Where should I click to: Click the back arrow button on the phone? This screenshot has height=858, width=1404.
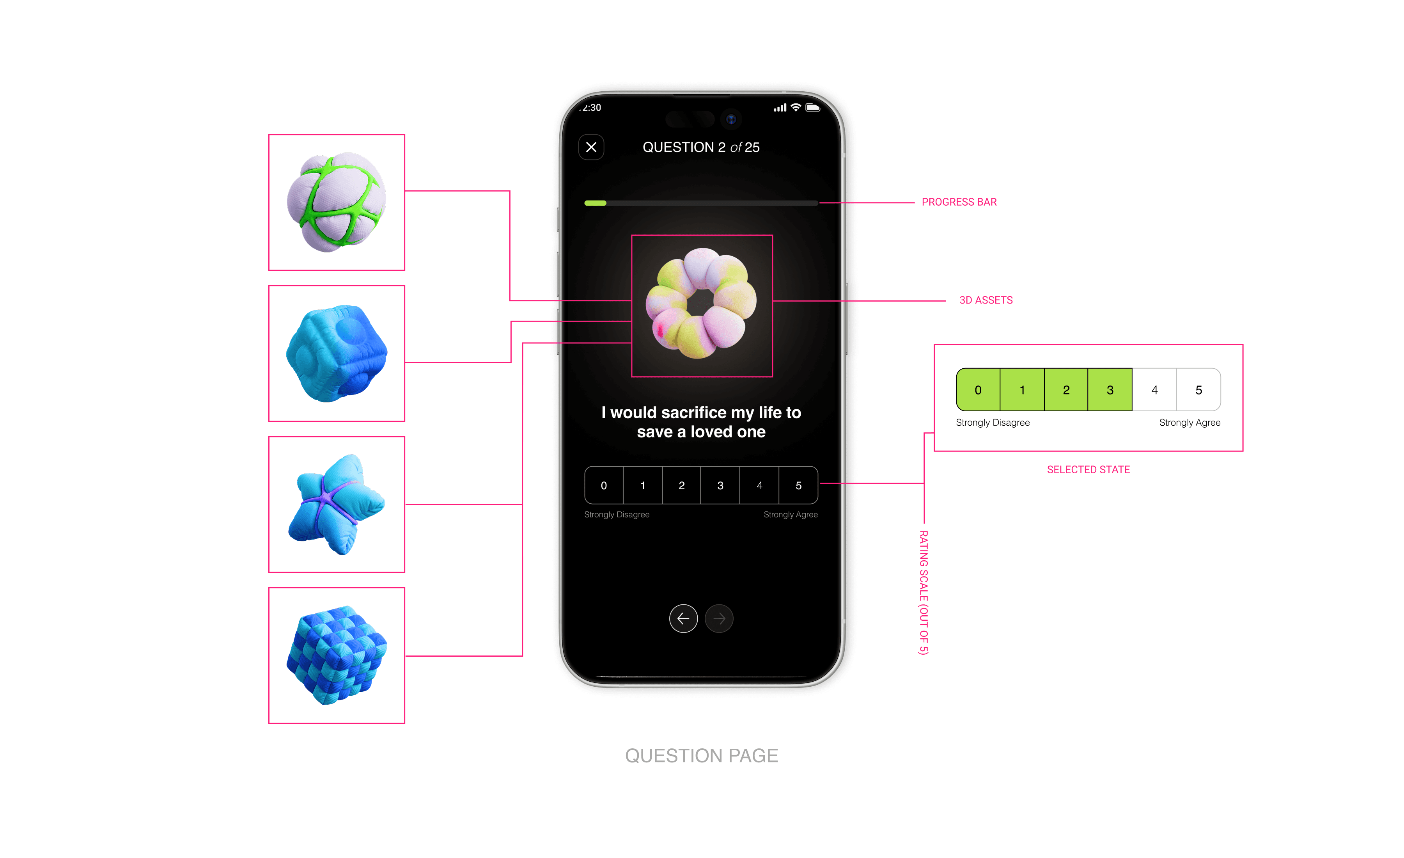683,618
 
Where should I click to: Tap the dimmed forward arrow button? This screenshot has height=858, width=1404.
719,618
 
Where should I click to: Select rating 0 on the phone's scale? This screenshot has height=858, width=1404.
604,485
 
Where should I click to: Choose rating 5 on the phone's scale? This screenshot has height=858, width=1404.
798,485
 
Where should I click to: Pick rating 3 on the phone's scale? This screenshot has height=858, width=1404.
720,485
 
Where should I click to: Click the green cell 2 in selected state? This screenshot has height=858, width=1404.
1066,390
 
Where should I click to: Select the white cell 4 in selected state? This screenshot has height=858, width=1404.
1154,390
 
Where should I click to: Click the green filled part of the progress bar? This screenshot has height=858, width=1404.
596,203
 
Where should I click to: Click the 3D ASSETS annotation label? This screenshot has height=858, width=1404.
986,300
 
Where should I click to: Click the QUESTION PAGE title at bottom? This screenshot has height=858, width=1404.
702,755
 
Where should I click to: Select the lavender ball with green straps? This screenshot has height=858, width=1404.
337,203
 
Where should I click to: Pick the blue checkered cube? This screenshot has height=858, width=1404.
337,655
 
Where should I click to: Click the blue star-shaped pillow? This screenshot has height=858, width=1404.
337,504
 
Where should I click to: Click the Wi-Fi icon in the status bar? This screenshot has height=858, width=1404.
796,108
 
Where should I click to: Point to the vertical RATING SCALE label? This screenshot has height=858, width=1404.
924,593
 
